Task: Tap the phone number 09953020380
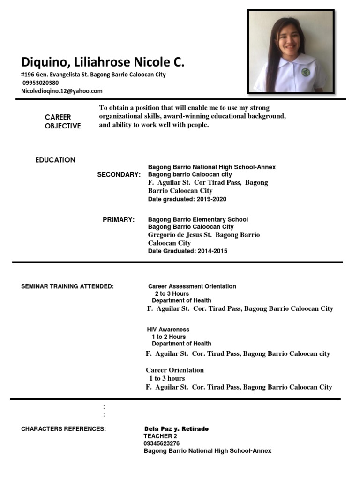click(41, 83)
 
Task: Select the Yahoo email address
click(62, 91)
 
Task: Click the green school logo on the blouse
click(306, 72)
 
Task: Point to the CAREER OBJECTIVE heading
click(63, 121)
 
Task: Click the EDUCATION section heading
click(55, 160)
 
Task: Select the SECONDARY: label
click(119, 175)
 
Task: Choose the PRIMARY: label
click(119, 219)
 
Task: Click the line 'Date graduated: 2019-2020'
click(187, 199)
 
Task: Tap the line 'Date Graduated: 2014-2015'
click(187, 251)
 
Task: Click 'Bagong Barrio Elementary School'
click(198, 219)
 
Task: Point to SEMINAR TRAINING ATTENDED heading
click(67, 286)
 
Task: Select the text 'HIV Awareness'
click(168, 330)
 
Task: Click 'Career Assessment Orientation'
click(192, 286)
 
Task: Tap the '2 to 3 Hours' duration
click(172, 293)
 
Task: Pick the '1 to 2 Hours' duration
click(168, 337)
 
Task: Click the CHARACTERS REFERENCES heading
click(63, 429)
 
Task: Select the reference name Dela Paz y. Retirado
click(177, 429)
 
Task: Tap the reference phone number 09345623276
click(161, 443)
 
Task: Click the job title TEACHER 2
click(160, 436)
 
